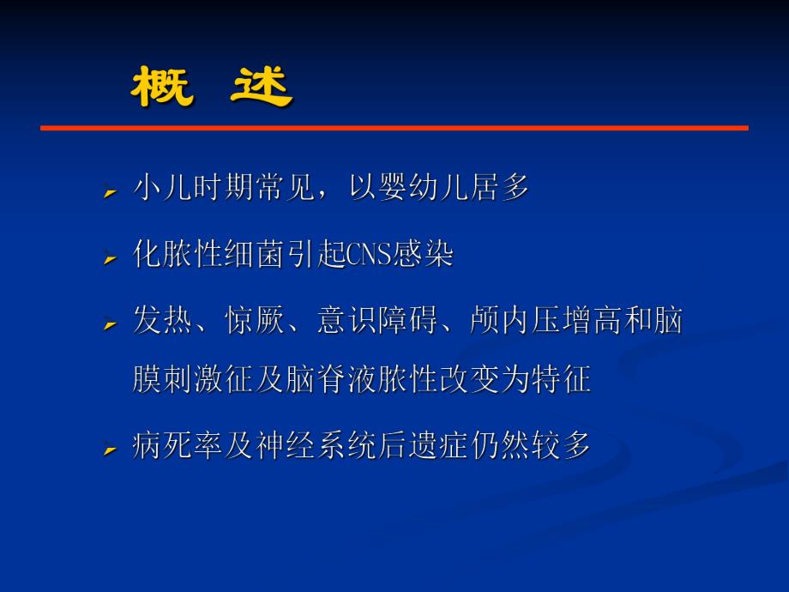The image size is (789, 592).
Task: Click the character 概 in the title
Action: point(162,88)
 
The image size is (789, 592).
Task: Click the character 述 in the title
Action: point(262,88)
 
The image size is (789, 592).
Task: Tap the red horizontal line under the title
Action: point(394,128)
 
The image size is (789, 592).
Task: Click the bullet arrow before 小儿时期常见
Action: point(110,192)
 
